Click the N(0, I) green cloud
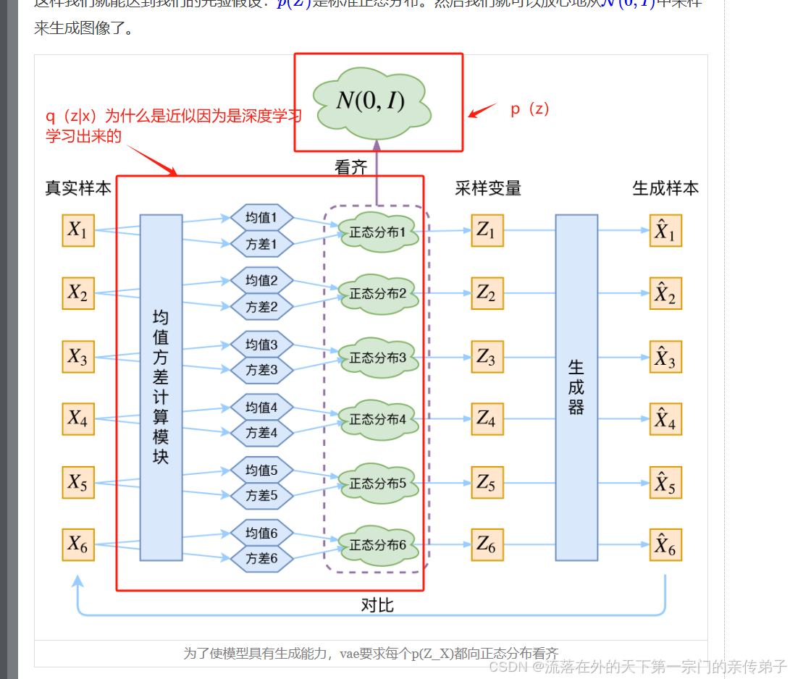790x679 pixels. [371, 100]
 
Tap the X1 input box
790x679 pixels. [78, 230]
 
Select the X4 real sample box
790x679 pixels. [78, 418]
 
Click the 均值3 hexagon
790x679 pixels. [261, 344]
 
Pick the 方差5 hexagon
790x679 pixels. [261, 496]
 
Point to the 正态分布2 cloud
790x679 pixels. [378, 294]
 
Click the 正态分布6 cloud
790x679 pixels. [378, 545]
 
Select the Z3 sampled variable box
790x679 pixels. [487, 357]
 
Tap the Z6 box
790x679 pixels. [487, 545]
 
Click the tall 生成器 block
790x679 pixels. [576, 387]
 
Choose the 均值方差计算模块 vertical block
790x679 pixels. [161, 387]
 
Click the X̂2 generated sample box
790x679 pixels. [665, 294]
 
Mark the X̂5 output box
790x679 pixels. [665, 483]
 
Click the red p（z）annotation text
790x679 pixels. [530, 109]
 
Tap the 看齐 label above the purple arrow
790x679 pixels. [351, 168]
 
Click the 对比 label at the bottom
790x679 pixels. [377, 605]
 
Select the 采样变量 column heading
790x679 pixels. [488, 188]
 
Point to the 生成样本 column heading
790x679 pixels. [665, 188]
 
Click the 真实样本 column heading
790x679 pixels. [78, 188]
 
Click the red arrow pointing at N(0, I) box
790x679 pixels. [482, 111]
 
